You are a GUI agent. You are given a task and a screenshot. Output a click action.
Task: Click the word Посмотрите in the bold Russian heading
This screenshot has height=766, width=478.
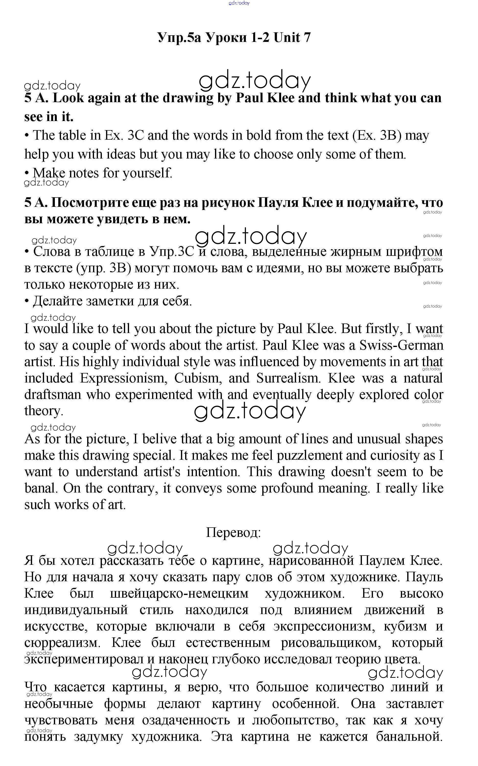click(89, 203)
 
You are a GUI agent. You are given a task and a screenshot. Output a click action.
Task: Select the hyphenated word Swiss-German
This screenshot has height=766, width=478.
click(401, 345)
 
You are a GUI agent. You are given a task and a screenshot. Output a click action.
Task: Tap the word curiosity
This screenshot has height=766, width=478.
click(398, 456)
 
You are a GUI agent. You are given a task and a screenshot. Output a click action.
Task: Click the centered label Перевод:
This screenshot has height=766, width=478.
click(233, 532)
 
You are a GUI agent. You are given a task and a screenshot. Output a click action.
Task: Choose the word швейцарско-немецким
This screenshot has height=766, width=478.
click(179, 593)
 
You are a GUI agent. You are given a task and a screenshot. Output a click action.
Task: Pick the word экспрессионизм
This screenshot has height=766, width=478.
click(324, 626)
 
